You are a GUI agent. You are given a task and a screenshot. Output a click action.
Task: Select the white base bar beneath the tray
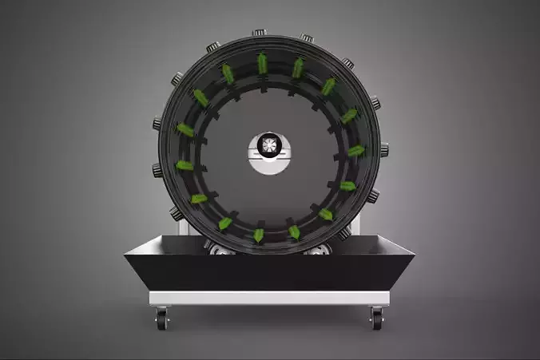pyautogui.click(x=269, y=298)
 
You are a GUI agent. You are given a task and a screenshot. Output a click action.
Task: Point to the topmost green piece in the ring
pyautogui.click(x=262, y=63)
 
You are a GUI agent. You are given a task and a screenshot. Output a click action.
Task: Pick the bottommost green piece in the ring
pyautogui.click(x=259, y=235)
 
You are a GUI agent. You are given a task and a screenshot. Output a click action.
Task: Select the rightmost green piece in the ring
pyautogui.click(x=356, y=150)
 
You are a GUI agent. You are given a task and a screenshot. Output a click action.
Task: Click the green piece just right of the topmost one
pyautogui.click(x=297, y=68)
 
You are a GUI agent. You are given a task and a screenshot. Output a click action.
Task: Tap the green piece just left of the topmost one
pyautogui.click(x=228, y=73)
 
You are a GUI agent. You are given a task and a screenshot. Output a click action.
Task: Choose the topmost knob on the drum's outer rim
pyautogui.click(x=260, y=34)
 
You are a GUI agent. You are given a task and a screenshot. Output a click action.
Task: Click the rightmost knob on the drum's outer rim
pyautogui.click(x=384, y=148)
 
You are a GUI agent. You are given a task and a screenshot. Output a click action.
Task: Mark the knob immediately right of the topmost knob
pyautogui.click(x=307, y=38)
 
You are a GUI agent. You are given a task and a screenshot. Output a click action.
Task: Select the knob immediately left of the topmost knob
pyautogui.click(x=213, y=47)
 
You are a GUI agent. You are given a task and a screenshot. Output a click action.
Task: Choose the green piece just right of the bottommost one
pyautogui.click(x=294, y=231)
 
